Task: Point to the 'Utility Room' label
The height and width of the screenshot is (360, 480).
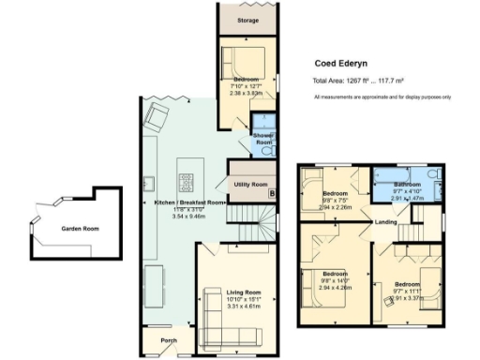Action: coord(251,184)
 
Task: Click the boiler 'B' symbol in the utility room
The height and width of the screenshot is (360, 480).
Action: coord(272,193)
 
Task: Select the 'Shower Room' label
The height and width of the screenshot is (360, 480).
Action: coord(262,140)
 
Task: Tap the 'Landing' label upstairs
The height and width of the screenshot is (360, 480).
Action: coord(384,222)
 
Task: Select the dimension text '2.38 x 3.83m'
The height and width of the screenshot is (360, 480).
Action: coord(249,94)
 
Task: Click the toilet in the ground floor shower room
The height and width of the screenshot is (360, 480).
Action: coord(267,151)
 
